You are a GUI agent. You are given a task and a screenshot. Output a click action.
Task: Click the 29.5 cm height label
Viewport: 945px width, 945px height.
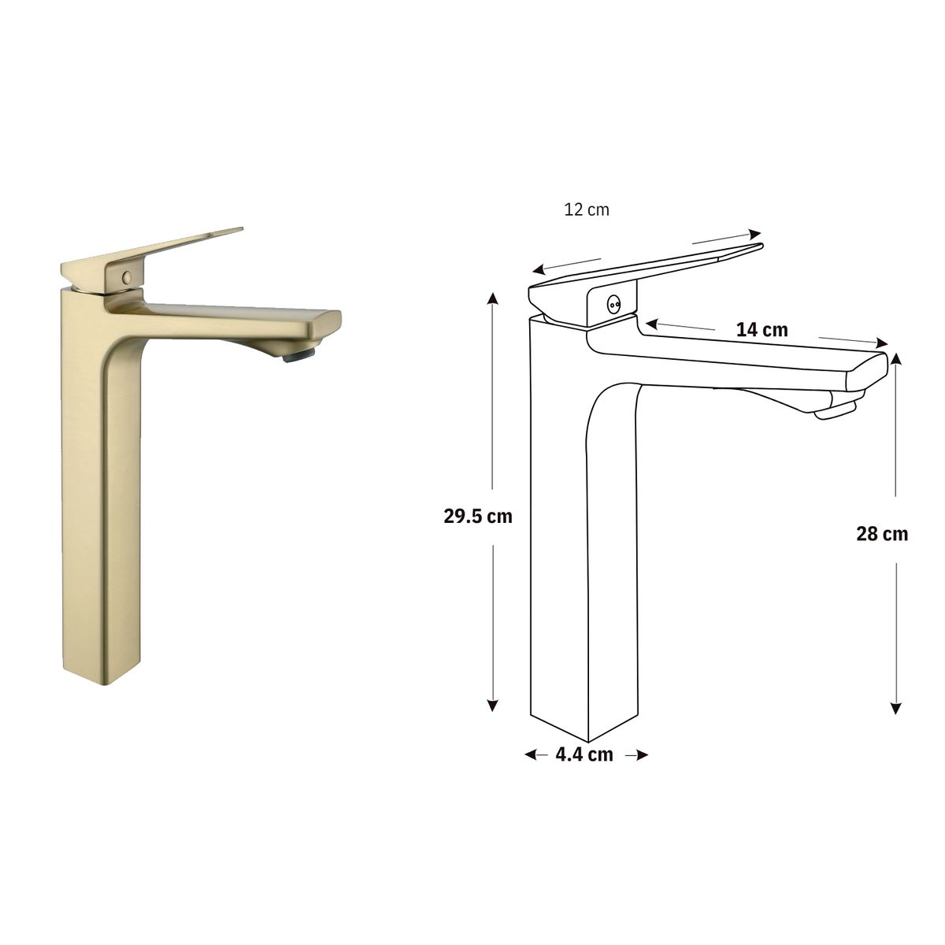point(477,517)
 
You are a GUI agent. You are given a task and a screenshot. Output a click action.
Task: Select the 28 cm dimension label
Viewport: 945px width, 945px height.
point(882,534)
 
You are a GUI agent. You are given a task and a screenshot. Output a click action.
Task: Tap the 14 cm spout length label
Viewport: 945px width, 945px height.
point(762,329)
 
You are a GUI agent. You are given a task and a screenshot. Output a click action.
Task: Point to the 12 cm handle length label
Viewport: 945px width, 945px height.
point(587,210)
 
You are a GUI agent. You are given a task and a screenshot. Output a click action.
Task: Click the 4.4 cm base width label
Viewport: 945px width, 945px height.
point(584,754)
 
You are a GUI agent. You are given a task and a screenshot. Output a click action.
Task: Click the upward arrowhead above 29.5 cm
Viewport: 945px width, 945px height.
point(493,298)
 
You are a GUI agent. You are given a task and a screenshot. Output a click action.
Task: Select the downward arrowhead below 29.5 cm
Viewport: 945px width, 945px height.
point(493,706)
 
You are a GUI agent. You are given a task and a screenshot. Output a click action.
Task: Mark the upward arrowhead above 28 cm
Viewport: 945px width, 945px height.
point(896,359)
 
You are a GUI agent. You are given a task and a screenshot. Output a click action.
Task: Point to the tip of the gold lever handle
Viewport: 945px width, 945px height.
point(239,230)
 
